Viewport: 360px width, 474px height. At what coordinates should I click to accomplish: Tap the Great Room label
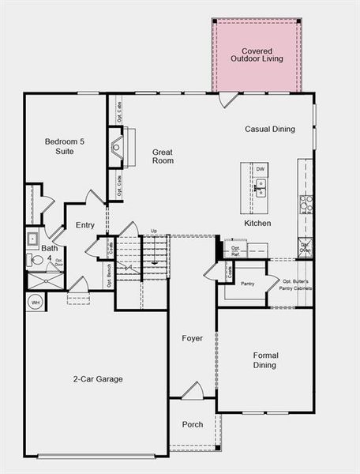pos(163,156)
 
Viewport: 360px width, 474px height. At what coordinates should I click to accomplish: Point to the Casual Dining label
pos(270,129)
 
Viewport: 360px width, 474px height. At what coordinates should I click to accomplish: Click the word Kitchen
pos(257,224)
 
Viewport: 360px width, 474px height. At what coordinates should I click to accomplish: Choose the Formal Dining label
pos(265,360)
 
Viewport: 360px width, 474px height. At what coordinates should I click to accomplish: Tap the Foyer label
pos(192,338)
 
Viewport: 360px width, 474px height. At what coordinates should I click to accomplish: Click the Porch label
pos(192,424)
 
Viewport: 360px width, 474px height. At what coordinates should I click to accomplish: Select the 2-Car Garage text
pos(98,379)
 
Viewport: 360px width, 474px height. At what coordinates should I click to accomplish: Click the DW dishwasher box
pos(261,169)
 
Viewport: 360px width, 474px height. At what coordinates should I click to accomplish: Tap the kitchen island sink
pos(261,190)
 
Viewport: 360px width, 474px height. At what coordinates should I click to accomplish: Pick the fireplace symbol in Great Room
pos(117,147)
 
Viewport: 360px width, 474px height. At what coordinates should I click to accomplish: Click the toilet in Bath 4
pos(35,258)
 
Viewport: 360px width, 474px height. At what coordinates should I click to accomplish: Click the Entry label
pos(85,225)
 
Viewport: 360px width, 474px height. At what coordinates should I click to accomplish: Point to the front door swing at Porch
pos(192,390)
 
